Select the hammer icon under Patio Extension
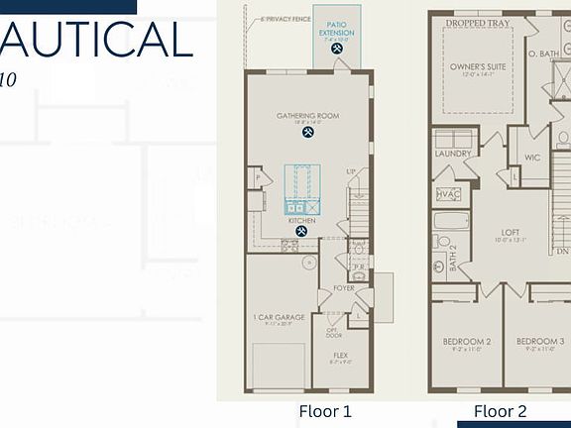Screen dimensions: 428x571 tap(337, 47)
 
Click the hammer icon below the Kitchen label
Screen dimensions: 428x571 tap(302, 232)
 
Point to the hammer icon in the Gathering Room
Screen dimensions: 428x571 tap(308, 132)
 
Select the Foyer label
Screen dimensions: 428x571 tap(343, 289)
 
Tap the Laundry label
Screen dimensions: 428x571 tap(453, 154)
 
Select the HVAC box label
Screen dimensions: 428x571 tap(448, 194)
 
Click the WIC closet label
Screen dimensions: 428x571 tap(531, 157)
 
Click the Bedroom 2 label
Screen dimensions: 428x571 tap(467, 342)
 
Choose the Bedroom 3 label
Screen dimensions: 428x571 tap(540, 342)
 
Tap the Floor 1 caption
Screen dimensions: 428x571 tap(325, 411)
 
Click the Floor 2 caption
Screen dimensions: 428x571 tap(500, 411)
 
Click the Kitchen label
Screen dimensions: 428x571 tap(302, 221)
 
